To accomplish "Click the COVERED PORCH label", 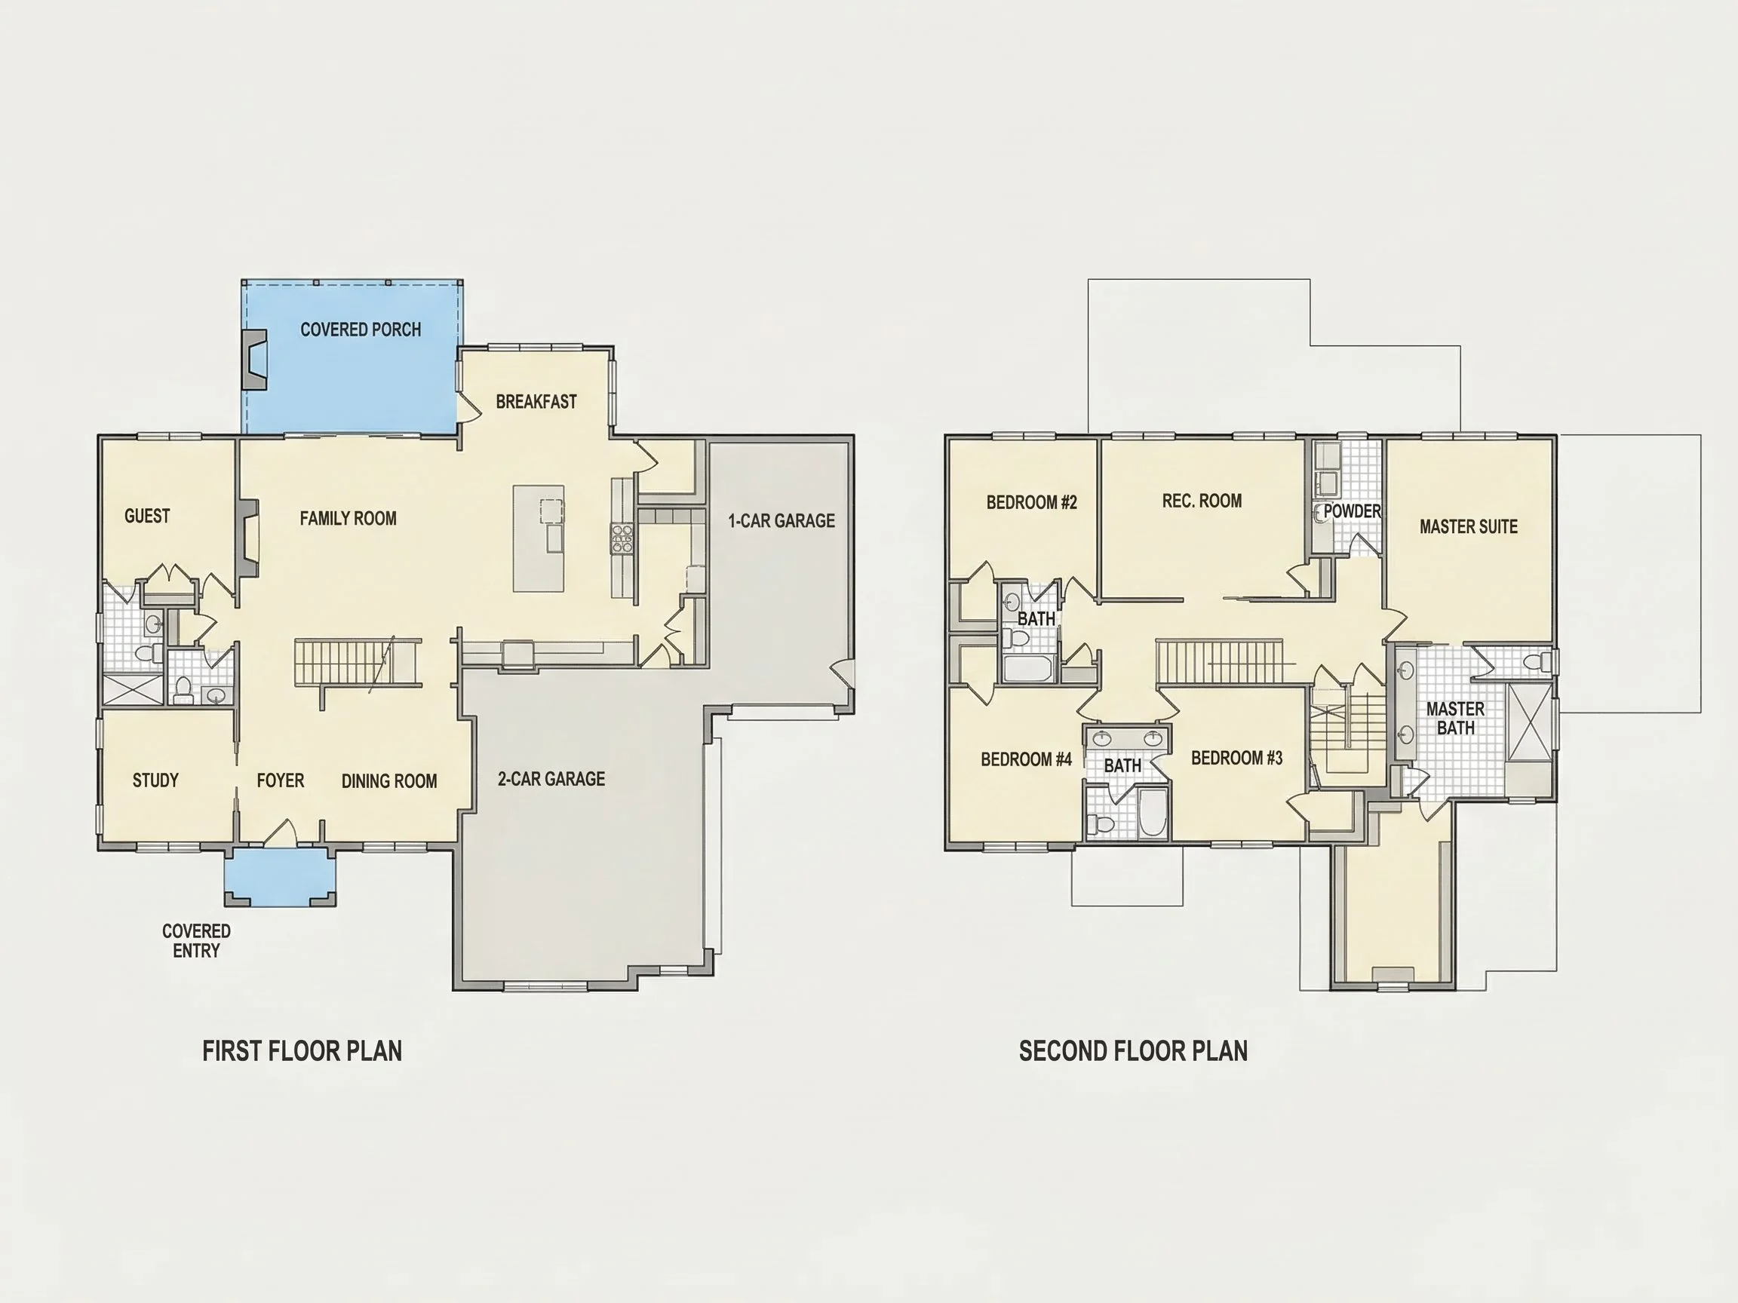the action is pyautogui.click(x=361, y=330).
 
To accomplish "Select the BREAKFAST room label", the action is pyautogui.click(x=536, y=402).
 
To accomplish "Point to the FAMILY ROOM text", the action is pyautogui.click(x=348, y=518).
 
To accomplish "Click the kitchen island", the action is pyautogui.click(x=539, y=538).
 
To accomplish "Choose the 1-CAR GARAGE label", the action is pyautogui.click(x=781, y=521).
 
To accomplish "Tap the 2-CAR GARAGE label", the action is pyautogui.click(x=551, y=779).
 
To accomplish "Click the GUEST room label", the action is pyautogui.click(x=147, y=516).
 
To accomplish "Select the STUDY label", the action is pyautogui.click(x=155, y=780).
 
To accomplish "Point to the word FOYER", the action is pyautogui.click(x=281, y=780).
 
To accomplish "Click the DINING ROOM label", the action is pyautogui.click(x=389, y=781).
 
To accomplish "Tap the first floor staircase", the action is pyautogui.click(x=358, y=662).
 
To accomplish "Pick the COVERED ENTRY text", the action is pyautogui.click(x=196, y=941).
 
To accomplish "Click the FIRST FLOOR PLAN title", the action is pyautogui.click(x=302, y=1051).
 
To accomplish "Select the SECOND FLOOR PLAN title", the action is pyautogui.click(x=1134, y=1051).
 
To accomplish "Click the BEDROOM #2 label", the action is pyautogui.click(x=1032, y=503).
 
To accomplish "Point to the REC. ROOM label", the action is pyautogui.click(x=1202, y=501).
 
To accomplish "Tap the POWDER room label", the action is pyautogui.click(x=1353, y=511).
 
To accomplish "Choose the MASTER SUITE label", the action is pyautogui.click(x=1469, y=527).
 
